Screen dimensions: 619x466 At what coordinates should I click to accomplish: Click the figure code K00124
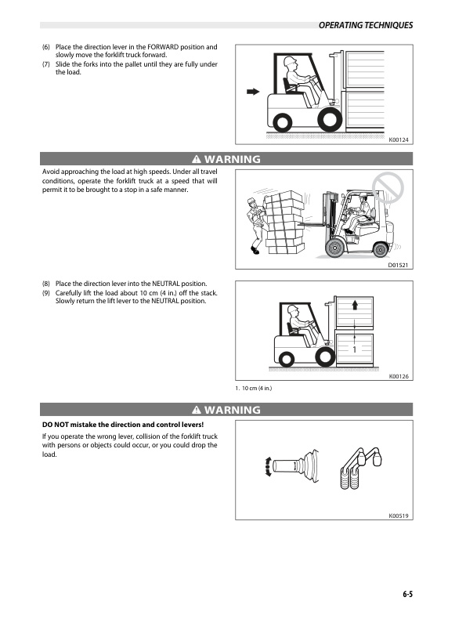point(399,139)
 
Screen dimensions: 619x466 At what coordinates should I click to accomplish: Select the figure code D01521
point(399,266)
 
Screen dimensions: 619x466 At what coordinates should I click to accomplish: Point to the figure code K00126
point(399,378)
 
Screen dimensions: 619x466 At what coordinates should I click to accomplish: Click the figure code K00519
point(399,516)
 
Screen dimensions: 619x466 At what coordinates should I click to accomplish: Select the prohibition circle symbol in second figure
point(388,188)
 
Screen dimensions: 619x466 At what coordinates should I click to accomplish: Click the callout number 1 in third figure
point(354,349)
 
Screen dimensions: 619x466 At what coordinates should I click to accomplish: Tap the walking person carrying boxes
point(255,223)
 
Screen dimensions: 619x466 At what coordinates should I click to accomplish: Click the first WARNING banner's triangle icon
point(196,160)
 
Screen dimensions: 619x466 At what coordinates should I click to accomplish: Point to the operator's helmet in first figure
point(290,60)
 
